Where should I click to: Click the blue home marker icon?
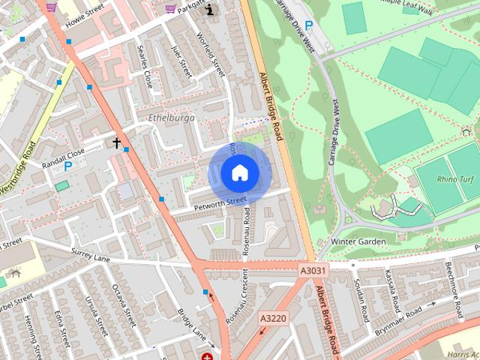(x=239, y=172)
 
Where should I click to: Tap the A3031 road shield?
(x=313, y=271)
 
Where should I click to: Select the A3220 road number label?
(x=274, y=319)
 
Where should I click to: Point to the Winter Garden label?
(x=358, y=241)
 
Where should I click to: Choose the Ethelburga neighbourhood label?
(x=172, y=118)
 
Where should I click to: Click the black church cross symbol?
(x=117, y=142)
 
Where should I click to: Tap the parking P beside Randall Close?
(x=68, y=166)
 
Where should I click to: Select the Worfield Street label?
(x=211, y=54)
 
